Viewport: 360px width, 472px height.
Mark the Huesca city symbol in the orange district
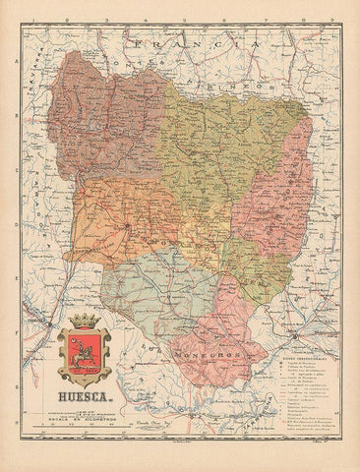pyautogui.click(x=127, y=228)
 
